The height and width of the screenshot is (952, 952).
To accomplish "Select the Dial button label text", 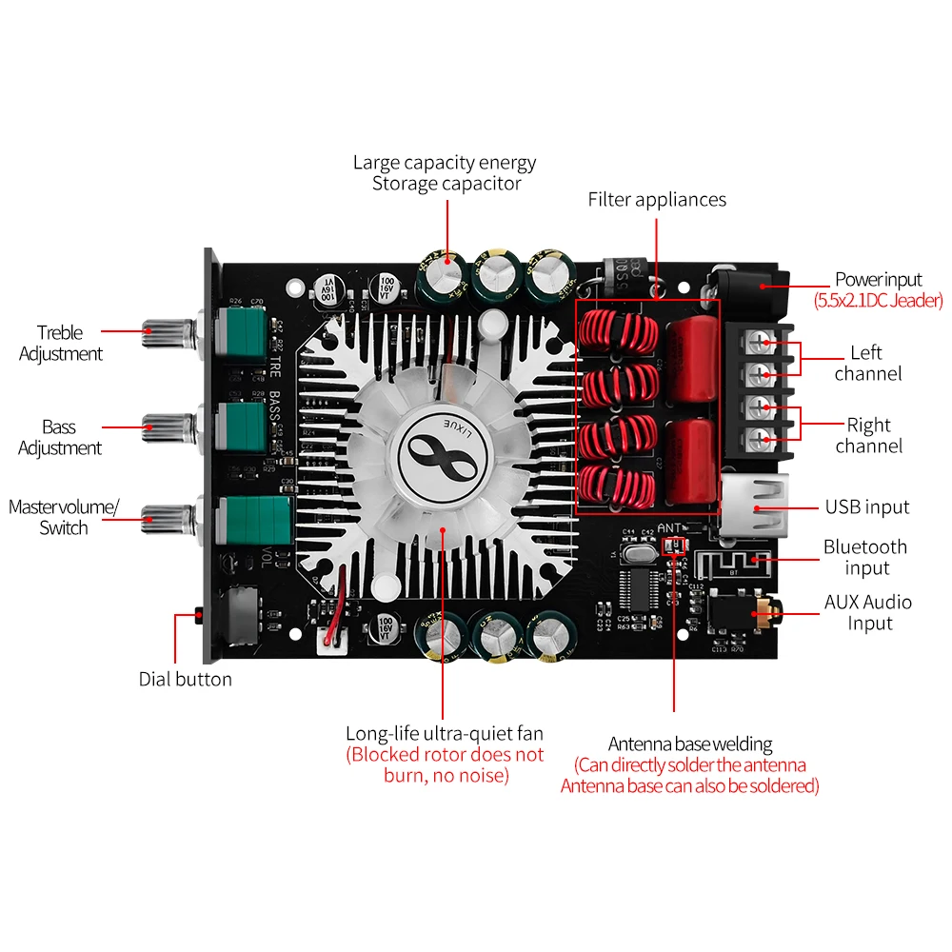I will pos(185,679).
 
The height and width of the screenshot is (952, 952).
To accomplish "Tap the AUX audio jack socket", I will pos(763,613).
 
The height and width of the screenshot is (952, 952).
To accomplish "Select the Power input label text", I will pos(878,279).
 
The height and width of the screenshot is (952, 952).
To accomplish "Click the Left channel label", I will pos(867,363).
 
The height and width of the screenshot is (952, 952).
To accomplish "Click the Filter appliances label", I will pos(657,199).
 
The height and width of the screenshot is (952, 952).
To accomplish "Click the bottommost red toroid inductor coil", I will pos(619,486).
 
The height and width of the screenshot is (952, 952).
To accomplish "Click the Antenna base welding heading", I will pos(690,744).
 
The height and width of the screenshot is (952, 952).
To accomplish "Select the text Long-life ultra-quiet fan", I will pos(445,733).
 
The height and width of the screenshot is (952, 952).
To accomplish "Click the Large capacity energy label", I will pos(445,162).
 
